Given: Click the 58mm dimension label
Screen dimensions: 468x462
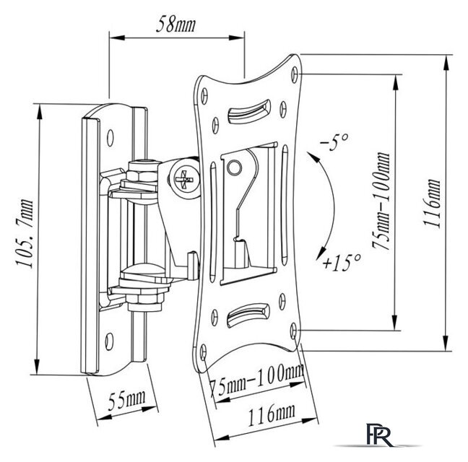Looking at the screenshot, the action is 175,25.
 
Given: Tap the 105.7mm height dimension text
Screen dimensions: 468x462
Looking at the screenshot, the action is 25,234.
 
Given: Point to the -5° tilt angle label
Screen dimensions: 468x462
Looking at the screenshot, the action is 334,142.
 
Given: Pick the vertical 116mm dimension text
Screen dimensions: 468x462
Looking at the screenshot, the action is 432,203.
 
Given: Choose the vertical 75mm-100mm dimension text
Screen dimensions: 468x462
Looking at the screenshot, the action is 381,201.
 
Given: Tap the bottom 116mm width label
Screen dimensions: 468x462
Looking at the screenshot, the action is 272,415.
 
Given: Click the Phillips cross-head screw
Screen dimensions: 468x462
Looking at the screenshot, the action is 184,180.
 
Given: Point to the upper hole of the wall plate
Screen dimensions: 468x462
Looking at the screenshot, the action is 110,138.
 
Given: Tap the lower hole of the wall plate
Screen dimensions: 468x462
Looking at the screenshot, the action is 110,341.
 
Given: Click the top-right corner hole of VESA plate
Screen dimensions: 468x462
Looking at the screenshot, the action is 295,74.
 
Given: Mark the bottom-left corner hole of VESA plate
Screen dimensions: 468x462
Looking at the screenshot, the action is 203,352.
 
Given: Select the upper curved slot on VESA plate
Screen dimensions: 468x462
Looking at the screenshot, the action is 249,112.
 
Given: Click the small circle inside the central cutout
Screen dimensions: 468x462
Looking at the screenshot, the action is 234,167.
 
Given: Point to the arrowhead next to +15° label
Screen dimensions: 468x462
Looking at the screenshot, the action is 321,253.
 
